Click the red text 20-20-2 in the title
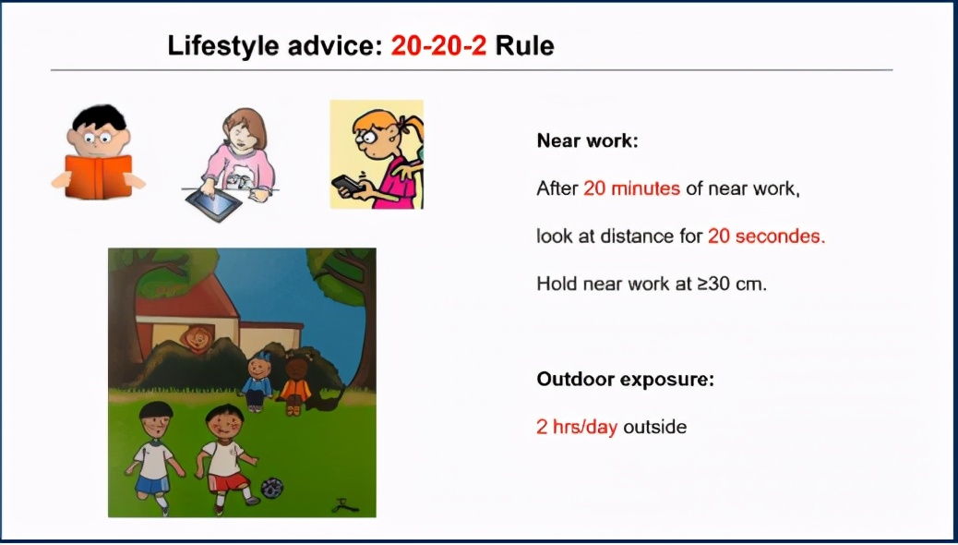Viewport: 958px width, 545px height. click(x=438, y=46)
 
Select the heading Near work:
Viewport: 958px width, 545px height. click(x=587, y=140)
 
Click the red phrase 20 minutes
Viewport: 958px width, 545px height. click(x=631, y=188)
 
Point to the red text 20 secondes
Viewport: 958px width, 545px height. click(x=766, y=236)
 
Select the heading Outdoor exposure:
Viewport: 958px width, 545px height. click(x=625, y=380)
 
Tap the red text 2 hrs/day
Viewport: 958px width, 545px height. click(x=577, y=427)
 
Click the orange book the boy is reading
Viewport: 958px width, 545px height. click(x=99, y=176)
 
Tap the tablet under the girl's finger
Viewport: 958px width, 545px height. click(x=213, y=204)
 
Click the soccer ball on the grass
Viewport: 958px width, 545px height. click(x=272, y=488)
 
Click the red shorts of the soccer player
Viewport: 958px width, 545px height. click(x=229, y=481)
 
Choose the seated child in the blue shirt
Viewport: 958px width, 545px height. click(x=257, y=383)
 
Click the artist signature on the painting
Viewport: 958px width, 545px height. click(x=344, y=505)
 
